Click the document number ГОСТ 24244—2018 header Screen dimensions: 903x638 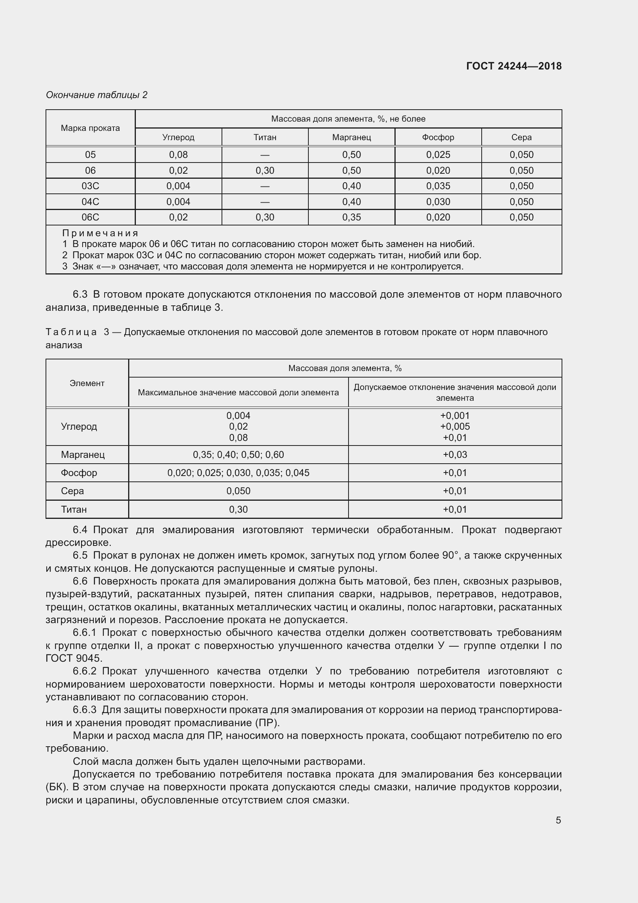tap(513, 66)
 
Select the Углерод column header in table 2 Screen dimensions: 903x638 tap(178, 137)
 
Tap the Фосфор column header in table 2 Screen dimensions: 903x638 tap(438, 137)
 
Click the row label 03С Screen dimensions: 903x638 tap(90, 186)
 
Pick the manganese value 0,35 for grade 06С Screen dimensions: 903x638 tap(351, 217)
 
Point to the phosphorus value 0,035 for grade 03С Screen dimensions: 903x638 tap(438, 186)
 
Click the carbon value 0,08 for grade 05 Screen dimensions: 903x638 tap(178, 154)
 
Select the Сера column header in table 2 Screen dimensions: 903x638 tap(521, 137)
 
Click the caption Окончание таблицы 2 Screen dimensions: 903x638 tap(96, 95)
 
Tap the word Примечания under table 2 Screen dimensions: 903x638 tap(100, 233)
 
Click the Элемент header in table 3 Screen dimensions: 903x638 tap(87, 383)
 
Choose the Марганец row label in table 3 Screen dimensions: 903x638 tap(83, 455)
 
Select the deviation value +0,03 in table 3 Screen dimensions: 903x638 tap(455, 455)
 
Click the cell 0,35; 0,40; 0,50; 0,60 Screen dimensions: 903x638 tap(238, 455)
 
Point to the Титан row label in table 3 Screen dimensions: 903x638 tap(73, 509)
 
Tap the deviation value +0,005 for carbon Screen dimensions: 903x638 tap(455, 426)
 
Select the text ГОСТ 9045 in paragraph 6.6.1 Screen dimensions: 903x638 tap(73, 658)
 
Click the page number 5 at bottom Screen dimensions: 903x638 tap(558, 820)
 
